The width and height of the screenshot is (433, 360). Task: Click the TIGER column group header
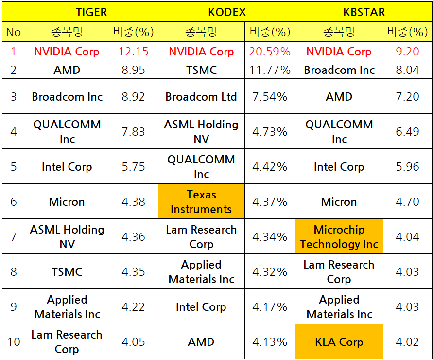(91, 12)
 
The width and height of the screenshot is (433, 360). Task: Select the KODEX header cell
(227, 12)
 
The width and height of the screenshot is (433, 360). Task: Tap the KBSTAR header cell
(364, 12)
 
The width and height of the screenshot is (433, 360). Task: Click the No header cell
(14, 32)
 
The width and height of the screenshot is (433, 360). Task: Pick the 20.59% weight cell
(270, 51)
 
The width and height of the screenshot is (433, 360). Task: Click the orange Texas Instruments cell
(201, 201)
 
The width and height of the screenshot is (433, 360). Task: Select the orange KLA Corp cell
(339, 342)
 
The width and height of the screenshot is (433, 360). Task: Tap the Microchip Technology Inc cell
(339, 236)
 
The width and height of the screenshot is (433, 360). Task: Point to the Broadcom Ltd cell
(201, 96)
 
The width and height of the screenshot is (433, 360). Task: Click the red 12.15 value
(133, 52)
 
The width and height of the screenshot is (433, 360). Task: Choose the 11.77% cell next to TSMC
(270, 70)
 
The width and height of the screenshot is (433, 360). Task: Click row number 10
(14, 342)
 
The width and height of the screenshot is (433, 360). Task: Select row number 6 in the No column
(14, 201)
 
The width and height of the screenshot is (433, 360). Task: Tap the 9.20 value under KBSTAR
(407, 52)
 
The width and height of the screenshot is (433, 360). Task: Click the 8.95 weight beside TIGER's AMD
(133, 70)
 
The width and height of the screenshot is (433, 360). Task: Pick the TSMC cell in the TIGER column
(67, 271)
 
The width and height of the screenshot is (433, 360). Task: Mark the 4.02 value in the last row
(407, 342)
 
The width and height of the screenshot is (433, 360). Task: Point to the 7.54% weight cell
(270, 96)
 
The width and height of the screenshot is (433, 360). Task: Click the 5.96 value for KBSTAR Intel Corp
(407, 166)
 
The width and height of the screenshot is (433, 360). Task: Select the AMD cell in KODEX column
(201, 342)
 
